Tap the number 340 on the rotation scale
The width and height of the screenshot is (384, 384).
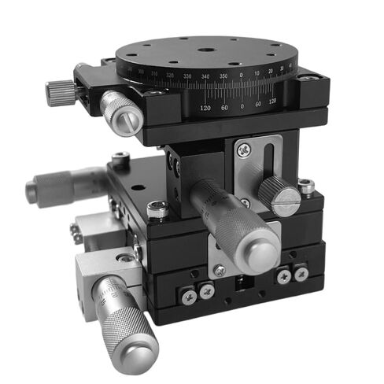tap(206, 76)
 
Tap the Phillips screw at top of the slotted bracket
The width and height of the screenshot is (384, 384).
tap(246, 147)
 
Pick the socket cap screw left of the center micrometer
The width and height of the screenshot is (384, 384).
tap(158, 209)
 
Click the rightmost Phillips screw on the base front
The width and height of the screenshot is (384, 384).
tap(301, 274)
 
